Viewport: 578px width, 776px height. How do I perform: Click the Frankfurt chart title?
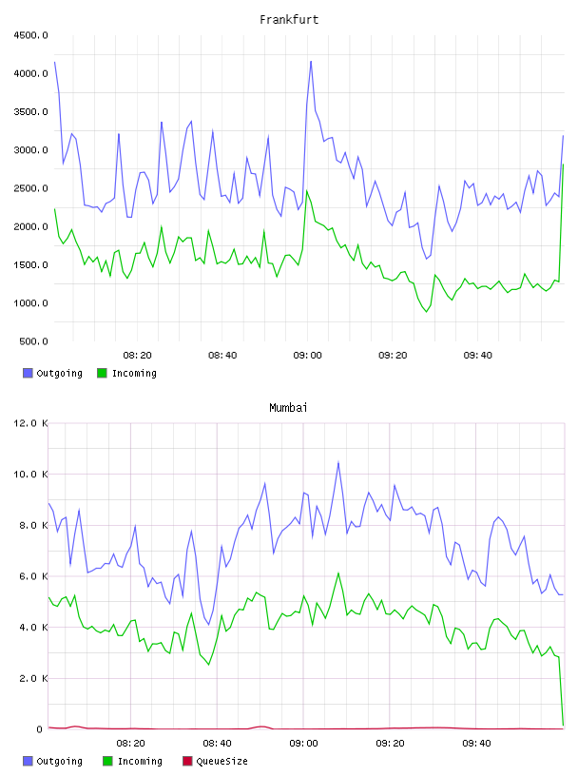[x=289, y=20]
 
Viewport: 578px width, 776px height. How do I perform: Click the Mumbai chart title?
[x=288, y=408]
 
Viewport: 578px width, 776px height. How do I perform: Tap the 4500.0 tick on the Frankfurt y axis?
[x=30, y=35]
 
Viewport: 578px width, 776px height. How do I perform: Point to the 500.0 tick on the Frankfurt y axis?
[x=33, y=341]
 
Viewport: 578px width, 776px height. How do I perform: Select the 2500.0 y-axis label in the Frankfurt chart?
[x=30, y=188]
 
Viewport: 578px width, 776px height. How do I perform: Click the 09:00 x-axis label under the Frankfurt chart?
[x=307, y=356]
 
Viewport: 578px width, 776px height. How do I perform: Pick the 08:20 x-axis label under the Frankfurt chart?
[x=137, y=356]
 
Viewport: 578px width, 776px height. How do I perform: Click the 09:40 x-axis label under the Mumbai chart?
[x=476, y=744]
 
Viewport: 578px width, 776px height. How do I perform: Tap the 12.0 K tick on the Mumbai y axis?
[x=30, y=423]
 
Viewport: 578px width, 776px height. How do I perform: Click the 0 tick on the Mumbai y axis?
[x=40, y=729]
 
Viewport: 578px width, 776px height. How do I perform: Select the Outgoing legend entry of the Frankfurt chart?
[x=52, y=373]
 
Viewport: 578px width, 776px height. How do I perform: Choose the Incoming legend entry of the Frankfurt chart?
[x=126, y=373]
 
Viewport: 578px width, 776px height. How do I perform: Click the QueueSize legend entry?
[x=215, y=761]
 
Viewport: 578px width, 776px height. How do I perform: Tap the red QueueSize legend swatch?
[x=187, y=761]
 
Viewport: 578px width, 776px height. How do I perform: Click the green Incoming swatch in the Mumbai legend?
[x=107, y=761]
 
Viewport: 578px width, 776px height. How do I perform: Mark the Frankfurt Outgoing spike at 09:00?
[x=311, y=62]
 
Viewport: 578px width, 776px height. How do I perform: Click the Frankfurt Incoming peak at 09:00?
[x=307, y=190]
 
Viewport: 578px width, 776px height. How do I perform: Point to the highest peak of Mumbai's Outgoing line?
[x=338, y=462]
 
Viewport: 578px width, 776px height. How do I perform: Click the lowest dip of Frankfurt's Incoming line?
[x=427, y=311]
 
